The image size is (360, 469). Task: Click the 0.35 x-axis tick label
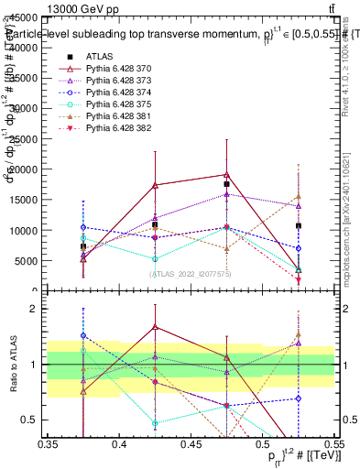tap(47, 444)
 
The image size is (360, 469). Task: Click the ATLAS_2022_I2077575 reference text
tap(190, 274)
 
